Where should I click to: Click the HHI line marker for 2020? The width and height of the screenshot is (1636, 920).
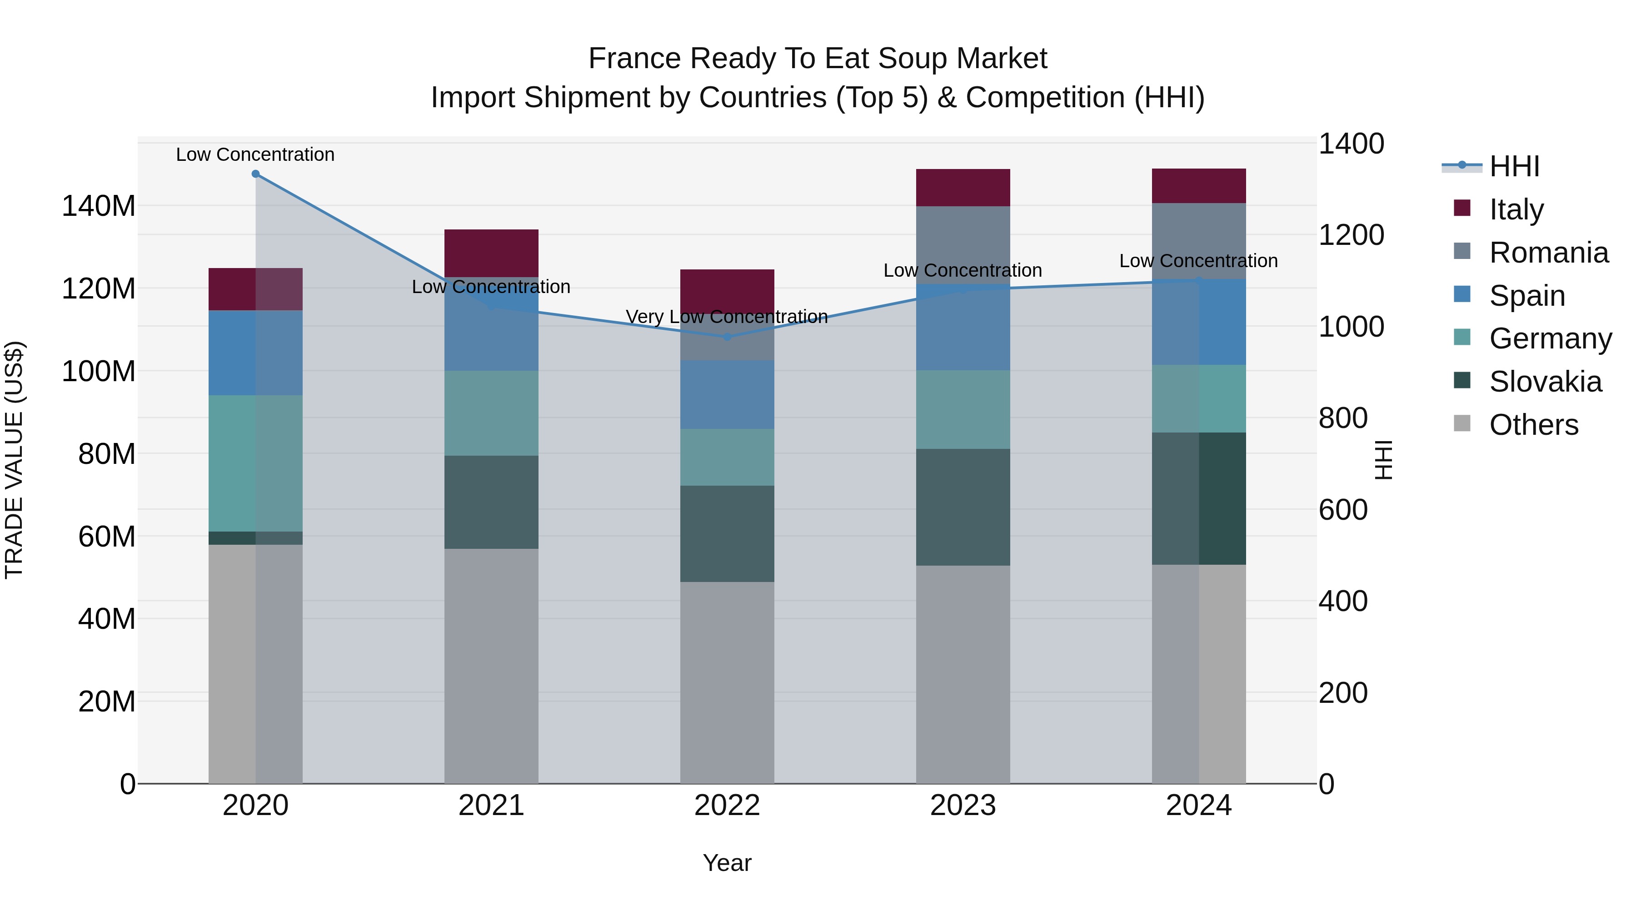pyautogui.click(x=255, y=174)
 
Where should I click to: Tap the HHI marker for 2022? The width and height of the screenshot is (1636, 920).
pyautogui.click(x=727, y=337)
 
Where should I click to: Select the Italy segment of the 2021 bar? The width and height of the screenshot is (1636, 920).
pyautogui.click(x=491, y=253)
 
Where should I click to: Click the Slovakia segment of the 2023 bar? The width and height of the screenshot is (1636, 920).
pyautogui.click(x=963, y=507)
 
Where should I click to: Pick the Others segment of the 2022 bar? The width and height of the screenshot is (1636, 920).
pyautogui.click(x=727, y=682)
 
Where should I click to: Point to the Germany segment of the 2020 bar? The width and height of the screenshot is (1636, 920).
pyautogui.click(x=255, y=463)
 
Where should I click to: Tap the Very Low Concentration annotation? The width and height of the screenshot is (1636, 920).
pyautogui.click(x=727, y=316)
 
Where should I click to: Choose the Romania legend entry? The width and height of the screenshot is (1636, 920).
pyautogui.click(x=1548, y=253)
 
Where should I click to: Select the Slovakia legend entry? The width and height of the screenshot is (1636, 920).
pyautogui.click(x=1545, y=382)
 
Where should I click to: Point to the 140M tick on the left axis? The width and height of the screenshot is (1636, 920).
pyautogui.click(x=99, y=206)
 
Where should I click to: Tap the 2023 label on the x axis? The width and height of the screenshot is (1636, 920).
pyautogui.click(x=963, y=806)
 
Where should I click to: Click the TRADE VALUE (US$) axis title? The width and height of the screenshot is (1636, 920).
pyautogui.click(x=14, y=460)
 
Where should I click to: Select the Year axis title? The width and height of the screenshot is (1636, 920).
pyautogui.click(x=727, y=863)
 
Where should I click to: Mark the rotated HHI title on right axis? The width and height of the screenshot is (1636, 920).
pyautogui.click(x=1383, y=460)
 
